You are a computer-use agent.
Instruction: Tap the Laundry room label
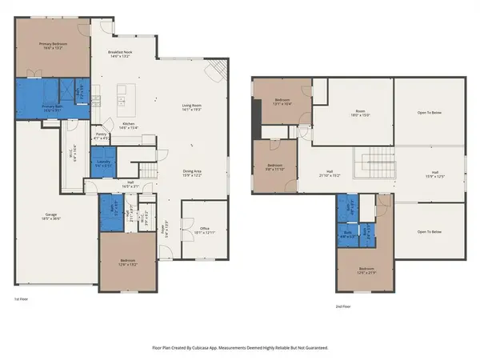(104, 164)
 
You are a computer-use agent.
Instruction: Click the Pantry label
(101, 136)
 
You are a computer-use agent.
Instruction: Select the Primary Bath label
(53, 108)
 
